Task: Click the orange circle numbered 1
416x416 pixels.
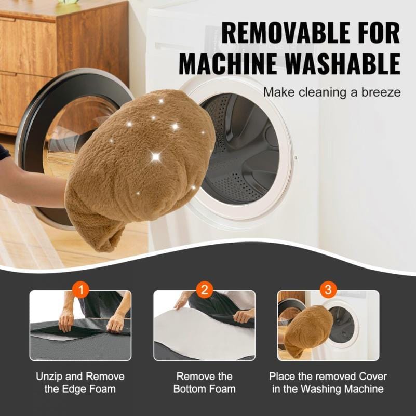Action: [x=80, y=289]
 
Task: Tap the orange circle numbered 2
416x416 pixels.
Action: [x=205, y=289]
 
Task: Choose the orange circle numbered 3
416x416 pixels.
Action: [x=328, y=289]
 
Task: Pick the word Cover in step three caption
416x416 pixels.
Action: [x=373, y=377]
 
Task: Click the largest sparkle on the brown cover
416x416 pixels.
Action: [x=156, y=157]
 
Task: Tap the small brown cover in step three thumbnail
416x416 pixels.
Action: [x=308, y=329]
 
